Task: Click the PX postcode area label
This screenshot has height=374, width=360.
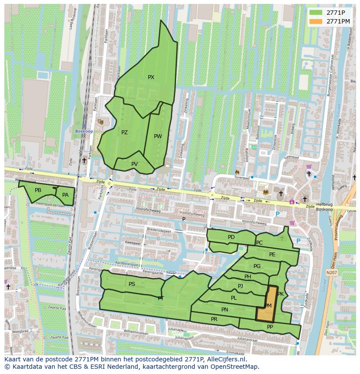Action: [x=151, y=77]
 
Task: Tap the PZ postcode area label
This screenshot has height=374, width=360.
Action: [x=124, y=132]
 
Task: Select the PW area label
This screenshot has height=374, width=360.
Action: [x=158, y=136]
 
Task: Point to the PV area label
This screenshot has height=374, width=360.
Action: [x=134, y=164]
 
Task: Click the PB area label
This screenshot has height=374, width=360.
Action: [x=38, y=190]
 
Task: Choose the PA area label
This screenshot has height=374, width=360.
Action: [x=65, y=195]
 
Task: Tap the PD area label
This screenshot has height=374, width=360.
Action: [x=231, y=237]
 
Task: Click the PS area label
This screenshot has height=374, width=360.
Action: [x=132, y=284]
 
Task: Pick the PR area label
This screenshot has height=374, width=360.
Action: [x=214, y=319]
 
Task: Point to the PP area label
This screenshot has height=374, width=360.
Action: [x=270, y=327]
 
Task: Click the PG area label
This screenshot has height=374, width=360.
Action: [x=257, y=266]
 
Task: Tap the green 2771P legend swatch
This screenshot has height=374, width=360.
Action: [x=316, y=13]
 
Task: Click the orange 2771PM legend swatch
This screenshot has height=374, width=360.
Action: [x=316, y=21]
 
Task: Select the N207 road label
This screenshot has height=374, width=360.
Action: [x=331, y=273]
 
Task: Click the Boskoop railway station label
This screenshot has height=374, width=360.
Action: [x=83, y=131]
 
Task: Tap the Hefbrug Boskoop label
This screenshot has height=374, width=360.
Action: [x=324, y=207]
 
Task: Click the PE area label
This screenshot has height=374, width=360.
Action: [x=272, y=255]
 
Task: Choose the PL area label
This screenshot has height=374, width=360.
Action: [x=233, y=298]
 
